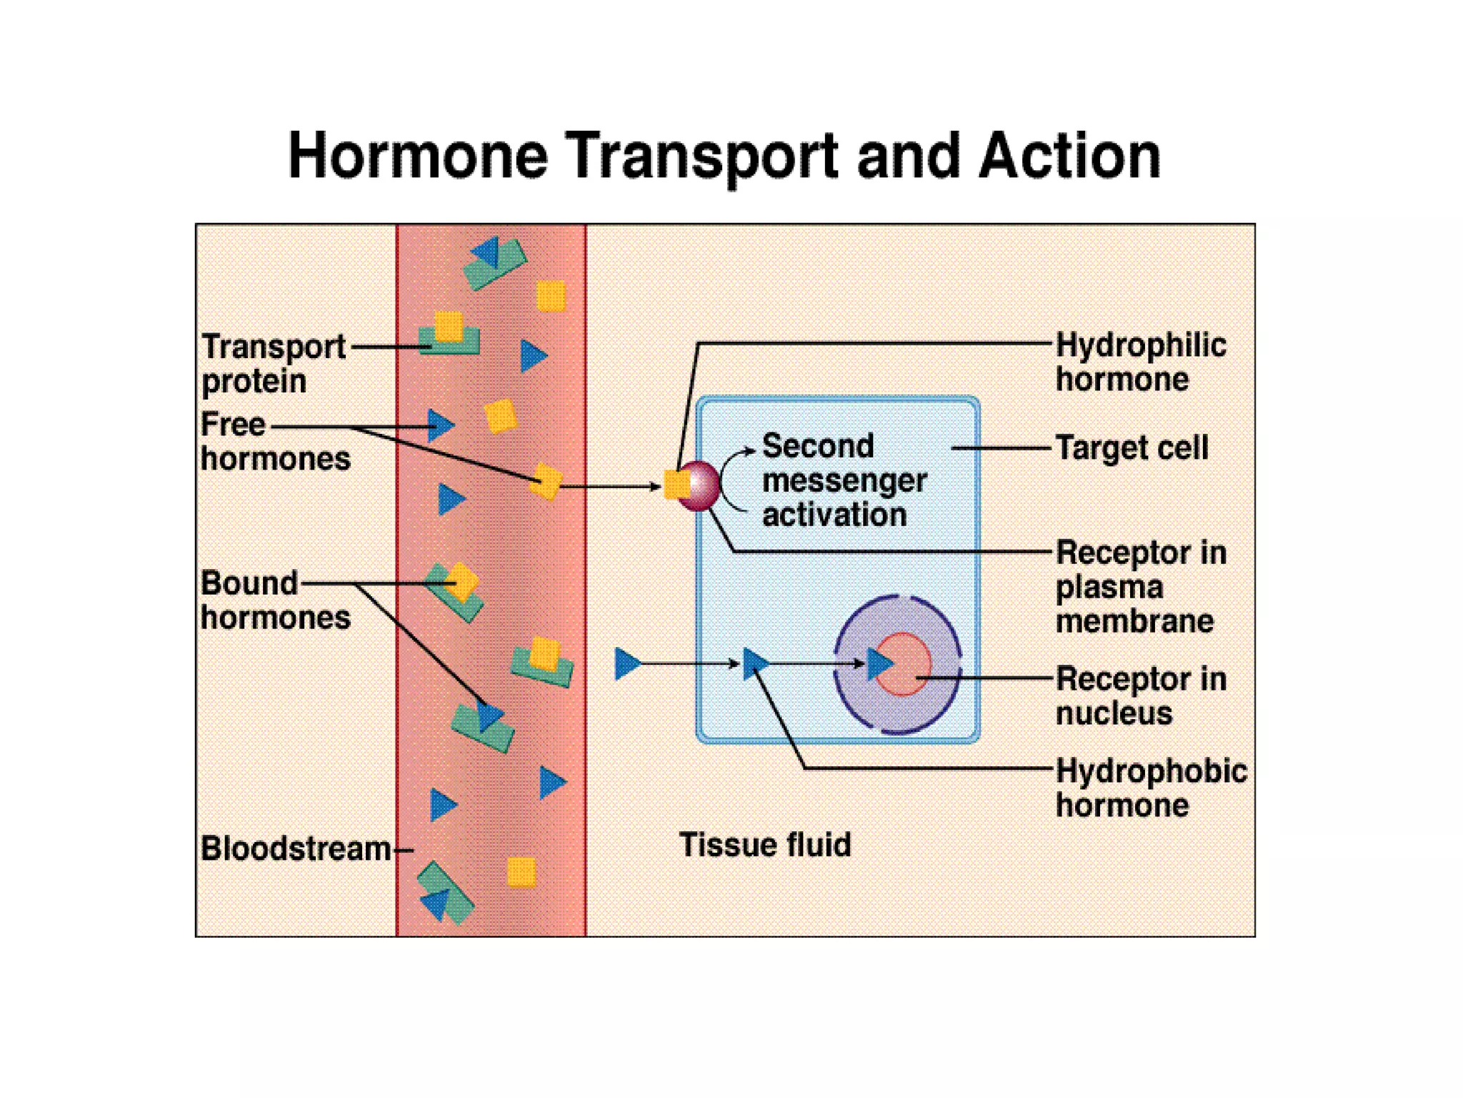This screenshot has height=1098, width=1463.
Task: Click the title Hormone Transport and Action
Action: [724, 156]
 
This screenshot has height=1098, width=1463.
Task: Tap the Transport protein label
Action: [273, 363]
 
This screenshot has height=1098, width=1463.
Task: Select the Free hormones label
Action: [274, 441]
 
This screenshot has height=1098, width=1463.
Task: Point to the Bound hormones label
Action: [274, 600]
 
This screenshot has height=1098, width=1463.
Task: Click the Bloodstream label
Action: [295, 849]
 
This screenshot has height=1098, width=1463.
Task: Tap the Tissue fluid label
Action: [764, 844]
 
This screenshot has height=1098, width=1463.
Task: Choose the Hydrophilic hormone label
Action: [1140, 362]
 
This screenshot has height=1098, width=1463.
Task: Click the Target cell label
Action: [1132, 448]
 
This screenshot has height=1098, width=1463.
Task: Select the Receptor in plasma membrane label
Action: [1140, 586]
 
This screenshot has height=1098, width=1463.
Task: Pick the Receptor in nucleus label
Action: [1140, 696]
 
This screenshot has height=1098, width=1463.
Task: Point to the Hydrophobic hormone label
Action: [1150, 788]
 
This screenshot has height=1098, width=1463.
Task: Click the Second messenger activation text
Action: [843, 480]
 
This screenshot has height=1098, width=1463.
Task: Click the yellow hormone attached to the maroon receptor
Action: [674, 484]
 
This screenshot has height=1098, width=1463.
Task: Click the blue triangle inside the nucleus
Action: [878, 663]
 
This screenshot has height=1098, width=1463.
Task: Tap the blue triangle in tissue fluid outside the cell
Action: [626, 663]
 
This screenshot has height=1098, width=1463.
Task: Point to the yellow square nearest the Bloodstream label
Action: [521, 872]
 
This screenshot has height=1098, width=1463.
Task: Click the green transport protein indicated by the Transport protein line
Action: [449, 344]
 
